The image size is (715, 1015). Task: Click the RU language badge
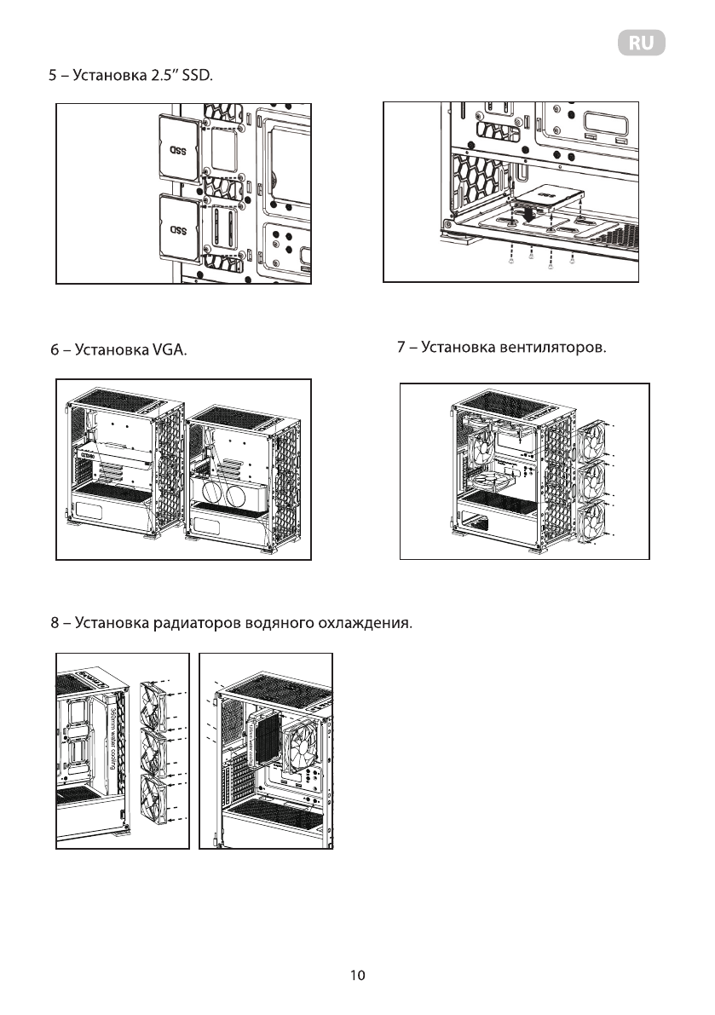point(641,44)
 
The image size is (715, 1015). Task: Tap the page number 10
point(358,975)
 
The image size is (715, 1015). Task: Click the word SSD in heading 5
point(194,78)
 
